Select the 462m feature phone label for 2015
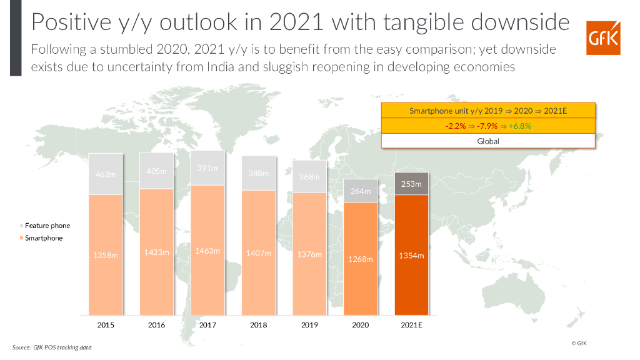pyautogui.click(x=105, y=174)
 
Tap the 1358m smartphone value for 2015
pyautogui.click(x=105, y=255)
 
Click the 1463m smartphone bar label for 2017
pyautogui.click(x=207, y=251)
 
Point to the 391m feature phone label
pyautogui.click(x=207, y=168)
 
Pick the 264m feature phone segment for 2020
pyautogui.click(x=361, y=191)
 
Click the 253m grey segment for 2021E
pyautogui.click(x=412, y=184)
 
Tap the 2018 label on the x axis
pyautogui.click(x=259, y=325)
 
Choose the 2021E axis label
pyautogui.click(x=412, y=325)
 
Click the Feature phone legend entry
pyautogui.click(x=47, y=226)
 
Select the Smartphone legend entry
pyautogui.click(x=43, y=238)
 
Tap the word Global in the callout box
pyautogui.click(x=488, y=141)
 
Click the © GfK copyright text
pyautogui.click(x=578, y=343)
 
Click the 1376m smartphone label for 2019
pyautogui.click(x=310, y=254)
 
